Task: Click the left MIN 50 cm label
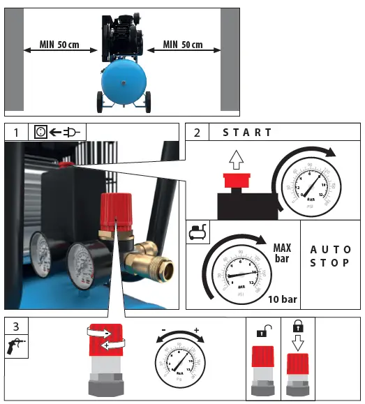pos(59,45)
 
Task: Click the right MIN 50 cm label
pos(183,45)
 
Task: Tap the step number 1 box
pos(15,132)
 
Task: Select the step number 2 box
pos(197,132)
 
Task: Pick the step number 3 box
pos(15,326)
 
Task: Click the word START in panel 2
pos(247,132)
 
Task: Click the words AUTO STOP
pos(330,257)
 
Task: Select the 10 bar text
pos(283,299)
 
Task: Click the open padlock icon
pos(263,330)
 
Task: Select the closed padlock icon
pos(297,328)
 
